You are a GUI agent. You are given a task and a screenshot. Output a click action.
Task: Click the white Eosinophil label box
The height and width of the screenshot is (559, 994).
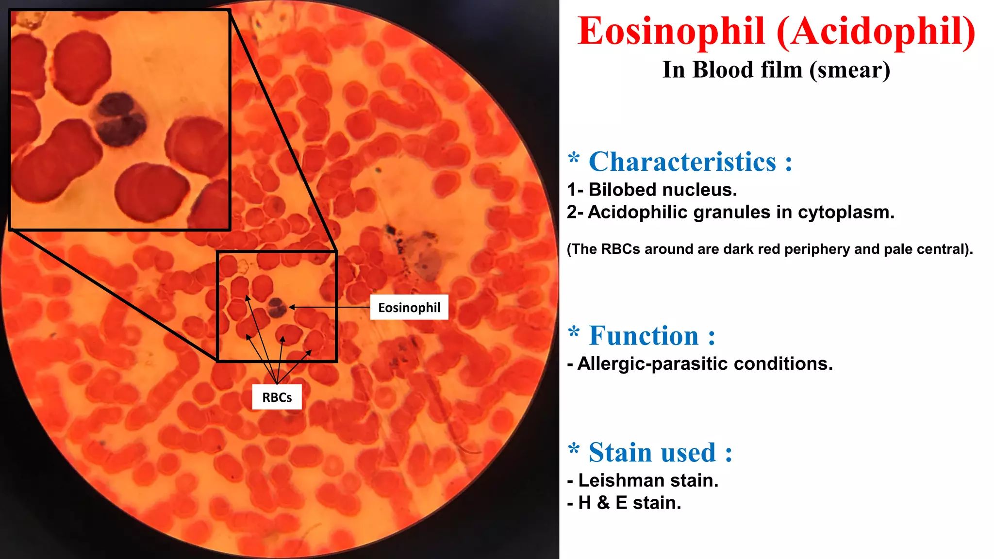409,307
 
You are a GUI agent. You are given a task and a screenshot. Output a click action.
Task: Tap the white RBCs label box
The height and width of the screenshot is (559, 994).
277,397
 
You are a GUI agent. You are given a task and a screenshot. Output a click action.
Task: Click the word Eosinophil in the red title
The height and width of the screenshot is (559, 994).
671,31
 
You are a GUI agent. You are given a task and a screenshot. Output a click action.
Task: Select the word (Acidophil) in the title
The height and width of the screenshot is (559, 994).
876,31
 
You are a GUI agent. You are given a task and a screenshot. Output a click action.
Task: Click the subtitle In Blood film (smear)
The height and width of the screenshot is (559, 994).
776,70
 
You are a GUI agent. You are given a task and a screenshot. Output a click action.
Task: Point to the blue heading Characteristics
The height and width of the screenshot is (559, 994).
682,162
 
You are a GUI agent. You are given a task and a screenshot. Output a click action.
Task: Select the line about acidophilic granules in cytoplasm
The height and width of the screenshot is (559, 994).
730,212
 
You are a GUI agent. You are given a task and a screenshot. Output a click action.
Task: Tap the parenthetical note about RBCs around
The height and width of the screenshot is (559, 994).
770,249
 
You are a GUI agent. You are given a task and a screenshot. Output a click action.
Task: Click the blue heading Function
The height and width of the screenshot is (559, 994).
644,336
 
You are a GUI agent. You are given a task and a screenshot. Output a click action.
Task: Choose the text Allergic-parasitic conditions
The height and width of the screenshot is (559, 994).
704,363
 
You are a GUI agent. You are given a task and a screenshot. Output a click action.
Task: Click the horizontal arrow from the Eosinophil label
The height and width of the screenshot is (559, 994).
330,307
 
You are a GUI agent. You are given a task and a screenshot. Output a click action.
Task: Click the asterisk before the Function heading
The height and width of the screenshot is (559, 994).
574,332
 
